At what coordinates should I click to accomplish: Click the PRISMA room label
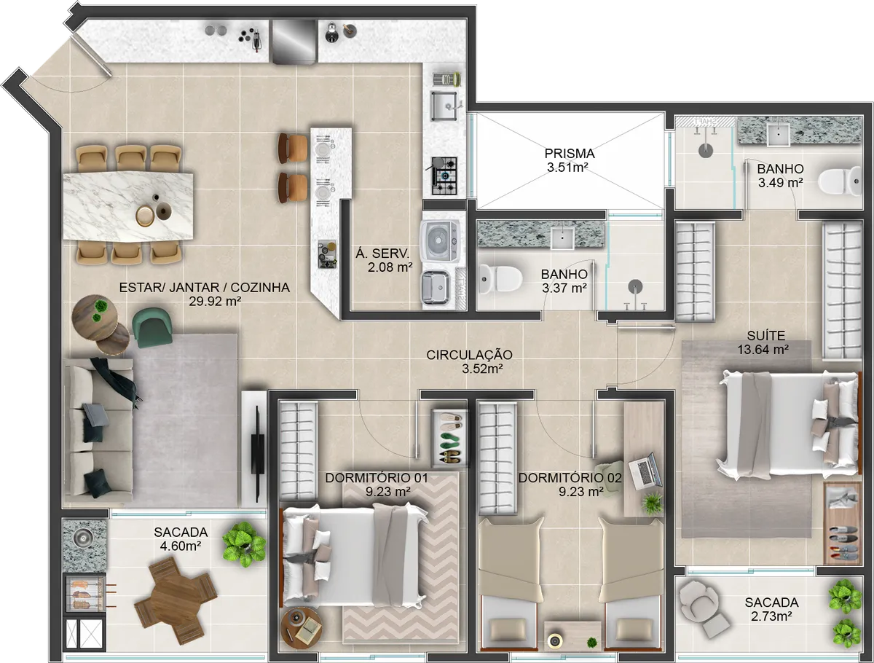point(570,154)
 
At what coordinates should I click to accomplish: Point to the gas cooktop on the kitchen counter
point(444,176)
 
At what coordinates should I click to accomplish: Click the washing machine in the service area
point(441,239)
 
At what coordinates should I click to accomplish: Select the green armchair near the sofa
point(153,326)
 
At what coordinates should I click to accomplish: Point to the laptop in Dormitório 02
point(644,471)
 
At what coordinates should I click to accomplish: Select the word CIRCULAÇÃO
point(469,355)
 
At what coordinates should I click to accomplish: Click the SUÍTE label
point(765,336)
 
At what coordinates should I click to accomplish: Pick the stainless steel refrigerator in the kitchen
point(294,42)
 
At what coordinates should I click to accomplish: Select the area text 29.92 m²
point(204,300)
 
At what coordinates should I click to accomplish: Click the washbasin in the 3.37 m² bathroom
point(562,235)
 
